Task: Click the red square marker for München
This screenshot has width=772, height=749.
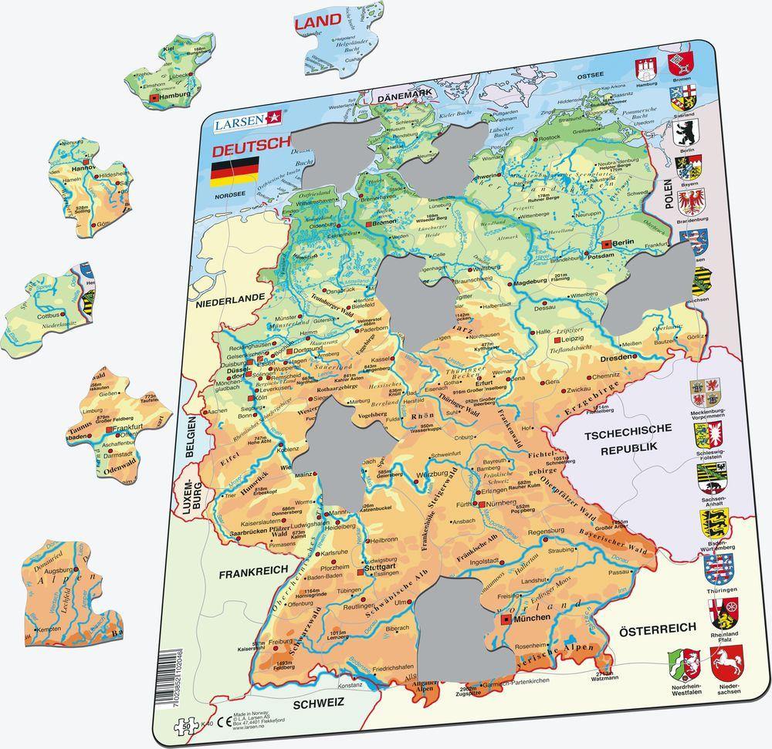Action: [x=505, y=619]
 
